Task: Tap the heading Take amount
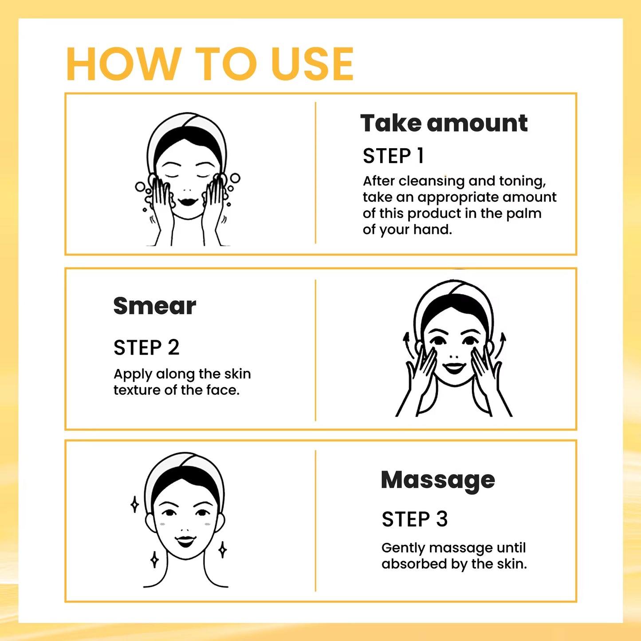click(444, 123)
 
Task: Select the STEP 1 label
click(393, 156)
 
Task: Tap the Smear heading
click(154, 306)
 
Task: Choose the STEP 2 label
click(146, 347)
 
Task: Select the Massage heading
click(438, 480)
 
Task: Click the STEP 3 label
click(414, 519)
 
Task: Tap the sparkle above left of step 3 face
click(135, 504)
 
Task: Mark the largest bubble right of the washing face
click(235, 178)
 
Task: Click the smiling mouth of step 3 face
click(185, 541)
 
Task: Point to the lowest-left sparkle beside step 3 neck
click(154, 560)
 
